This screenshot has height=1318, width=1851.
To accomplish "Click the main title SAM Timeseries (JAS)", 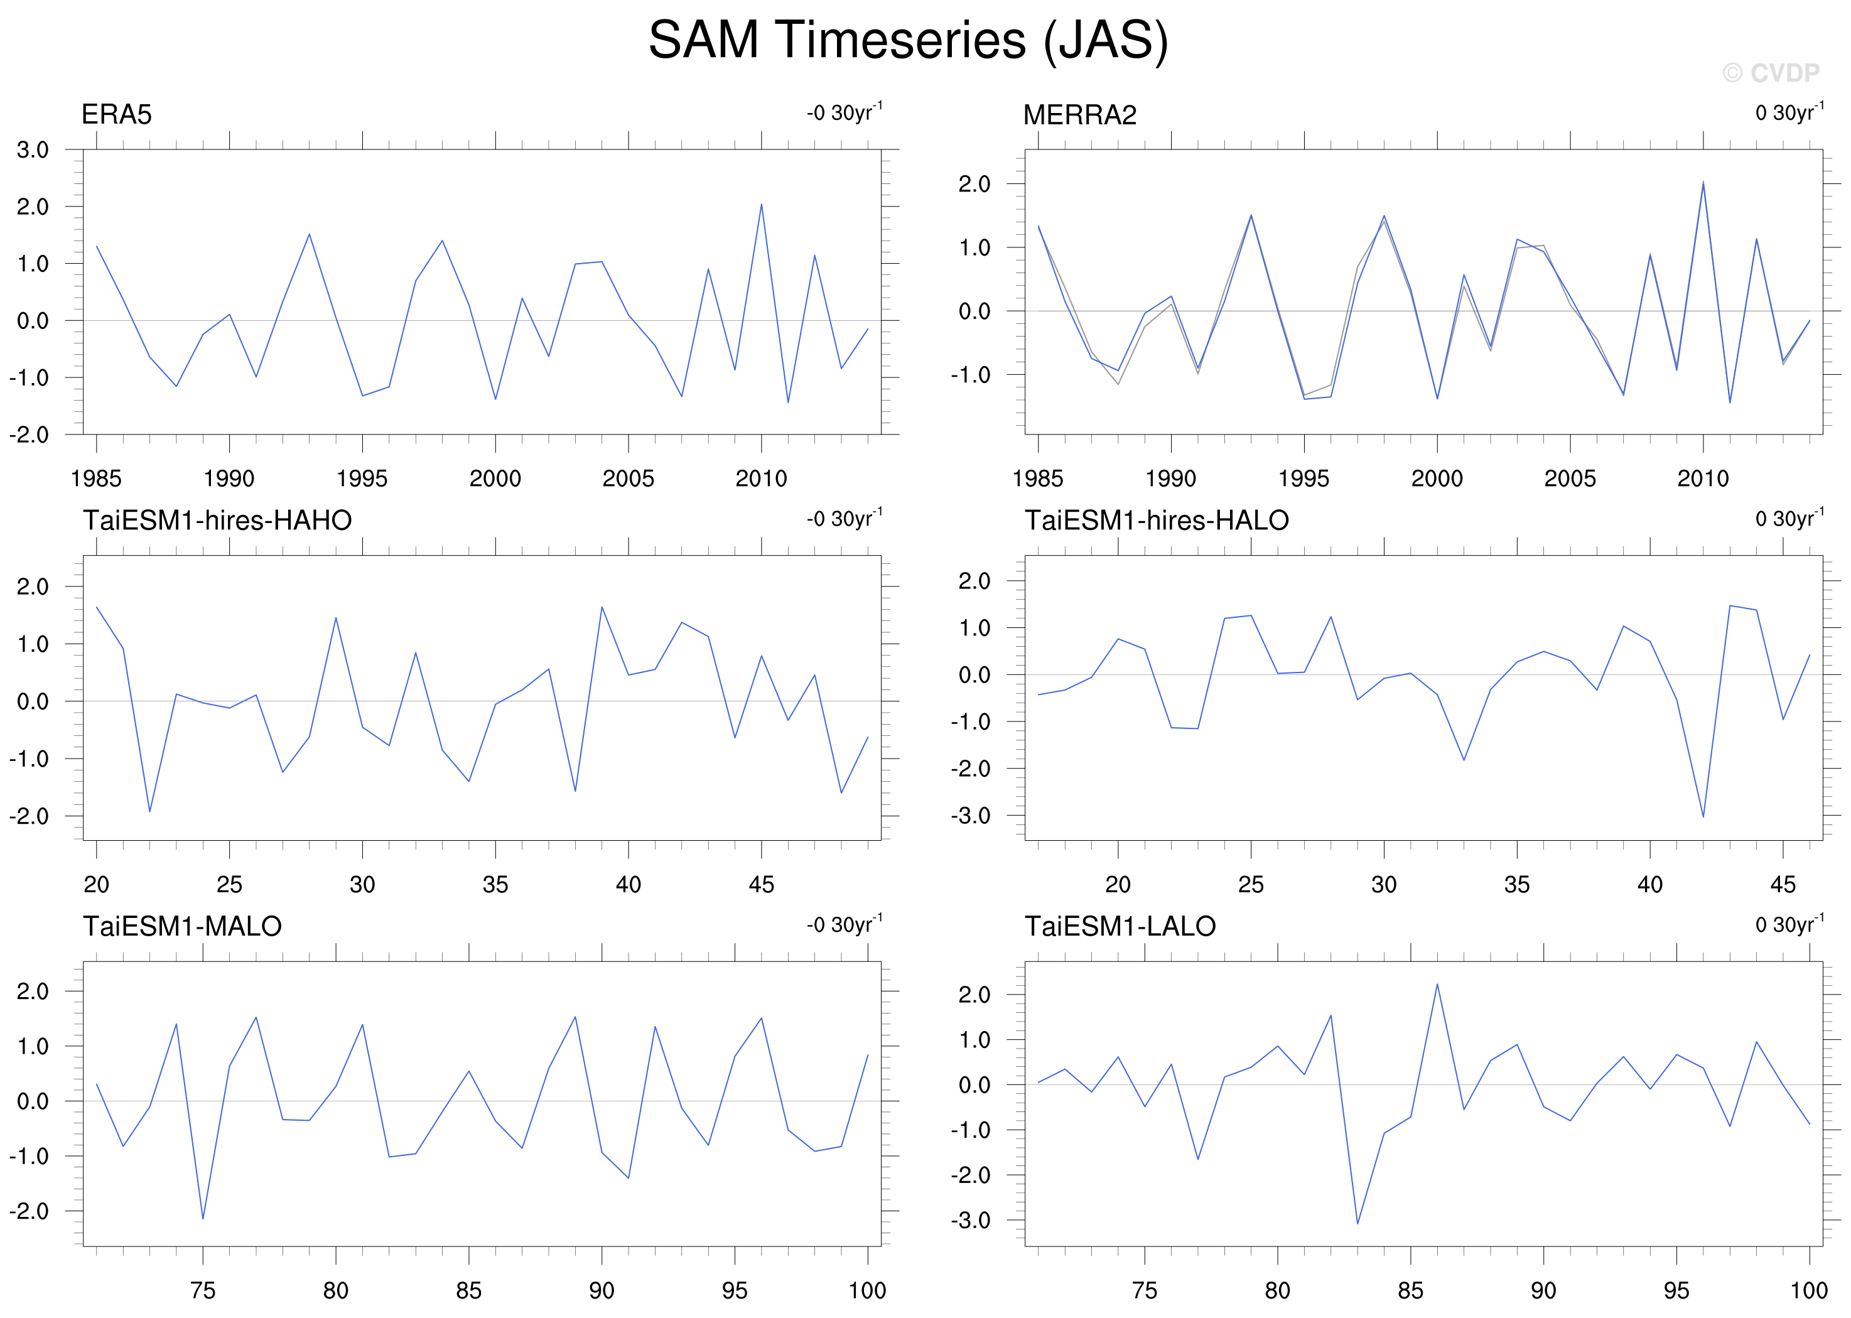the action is click(908, 41).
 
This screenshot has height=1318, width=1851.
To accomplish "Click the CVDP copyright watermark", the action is click(1771, 73).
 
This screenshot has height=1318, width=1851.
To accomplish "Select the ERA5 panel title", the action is click(116, 114).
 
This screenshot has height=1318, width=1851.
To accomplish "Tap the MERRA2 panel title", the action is click(1079, 114).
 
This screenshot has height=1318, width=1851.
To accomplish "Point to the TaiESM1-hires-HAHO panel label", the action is click(217, 520).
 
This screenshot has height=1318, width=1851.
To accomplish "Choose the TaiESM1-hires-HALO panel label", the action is click(1157, 520).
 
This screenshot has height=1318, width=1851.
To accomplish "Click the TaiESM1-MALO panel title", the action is click(182, 926).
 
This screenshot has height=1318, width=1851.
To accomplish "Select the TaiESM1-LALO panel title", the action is click(1120, 926).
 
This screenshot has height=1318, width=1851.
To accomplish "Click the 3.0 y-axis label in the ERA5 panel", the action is click(33, 149).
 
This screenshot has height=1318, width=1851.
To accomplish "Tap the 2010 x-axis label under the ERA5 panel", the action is click(761, 478).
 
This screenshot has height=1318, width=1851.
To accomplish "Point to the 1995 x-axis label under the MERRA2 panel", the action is click(1303, 478).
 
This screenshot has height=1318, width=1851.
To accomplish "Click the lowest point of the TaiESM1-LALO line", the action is click(1357, 1224).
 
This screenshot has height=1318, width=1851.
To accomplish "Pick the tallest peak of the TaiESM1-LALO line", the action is click(1437, 985).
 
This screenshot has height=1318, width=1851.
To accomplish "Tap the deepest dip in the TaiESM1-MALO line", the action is click(203, 1218).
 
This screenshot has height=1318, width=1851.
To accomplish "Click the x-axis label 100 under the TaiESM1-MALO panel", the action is click(868, 1290).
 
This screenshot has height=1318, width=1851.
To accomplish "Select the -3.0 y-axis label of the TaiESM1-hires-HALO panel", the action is click(971, 816).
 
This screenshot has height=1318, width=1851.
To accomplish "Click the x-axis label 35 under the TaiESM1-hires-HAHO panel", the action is click(495, 884).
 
